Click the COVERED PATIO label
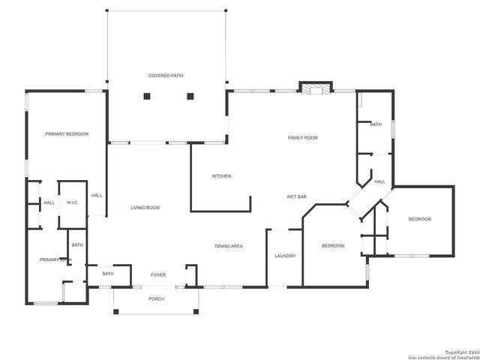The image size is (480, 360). [x=166, y=76]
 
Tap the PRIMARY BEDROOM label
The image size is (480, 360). [x=67, y=133]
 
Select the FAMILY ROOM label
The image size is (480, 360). [x=304, y=137]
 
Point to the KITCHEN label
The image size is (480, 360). [x=221, y=175]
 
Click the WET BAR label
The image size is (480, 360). [x=296, y=196]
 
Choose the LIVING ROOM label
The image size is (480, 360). [x=145, y=207]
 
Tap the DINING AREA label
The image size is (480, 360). [x=229, y=246]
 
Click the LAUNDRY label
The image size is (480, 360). [x=285, y=256]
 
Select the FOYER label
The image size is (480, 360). [x=158, y=274]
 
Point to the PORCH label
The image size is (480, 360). [x=156, y=298]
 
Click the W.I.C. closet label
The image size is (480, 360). [x=73, y=202]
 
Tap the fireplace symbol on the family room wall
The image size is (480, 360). [x=315, y=88]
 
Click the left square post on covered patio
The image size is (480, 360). [x=147, y=96]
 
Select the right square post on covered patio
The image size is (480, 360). [x=190, y=96]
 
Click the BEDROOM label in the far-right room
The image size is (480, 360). [x=420, y=219]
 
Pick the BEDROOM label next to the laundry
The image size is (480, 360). [x=333, y=246]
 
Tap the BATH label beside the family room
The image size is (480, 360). [x=376, y=124]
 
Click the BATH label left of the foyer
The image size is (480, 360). [x=108, y=274]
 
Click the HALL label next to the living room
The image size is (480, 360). [x=97, y=196]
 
